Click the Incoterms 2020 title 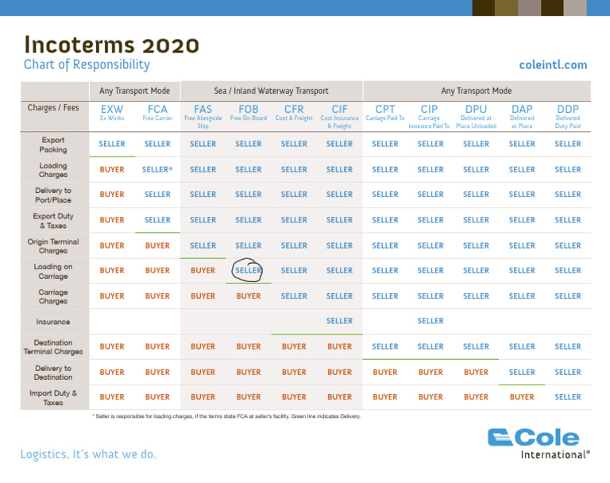[x=111, y=44]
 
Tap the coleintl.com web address [x=553, y=65]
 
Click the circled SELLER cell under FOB [x=249, y=271]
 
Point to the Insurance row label [x=52, y=322]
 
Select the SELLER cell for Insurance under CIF [x=339, y=321]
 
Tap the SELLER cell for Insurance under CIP [x=430, y=321]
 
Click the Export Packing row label [x=52, y=145]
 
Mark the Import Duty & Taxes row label [x=52, y=397]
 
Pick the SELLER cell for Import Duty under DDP [x=568, y=397]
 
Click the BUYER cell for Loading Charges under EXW [x=112, y=169]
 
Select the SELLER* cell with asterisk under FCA [x=158, y=169]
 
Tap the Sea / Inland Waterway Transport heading [x=272, y=91]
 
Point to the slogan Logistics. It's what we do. [x=88, y=454]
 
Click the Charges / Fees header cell [x=52, y=108]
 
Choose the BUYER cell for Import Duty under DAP [x=522, y=397]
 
